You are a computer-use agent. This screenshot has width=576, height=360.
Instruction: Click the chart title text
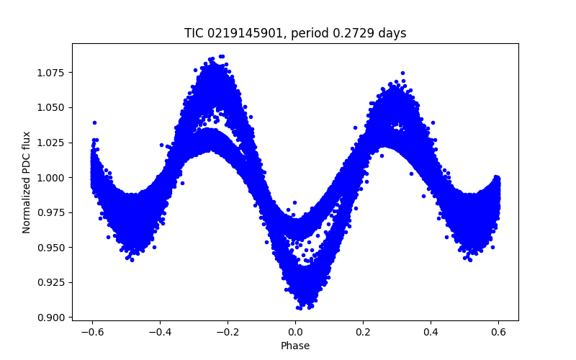pyautogui.click(x=295, y=33)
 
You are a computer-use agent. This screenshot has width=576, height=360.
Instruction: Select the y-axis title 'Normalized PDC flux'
pyautogui.click(x=27, y=182)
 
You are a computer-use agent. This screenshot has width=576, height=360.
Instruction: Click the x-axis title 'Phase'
pyautogui.click(x=295, y=346)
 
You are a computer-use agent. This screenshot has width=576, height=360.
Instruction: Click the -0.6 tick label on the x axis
pyautogui.click(x=92, y=332)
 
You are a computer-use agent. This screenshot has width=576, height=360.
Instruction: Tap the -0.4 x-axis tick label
pyautogui.click(x=160, y=332)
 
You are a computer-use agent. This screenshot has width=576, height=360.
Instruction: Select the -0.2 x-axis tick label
pyautogui.click(x=228, y=332)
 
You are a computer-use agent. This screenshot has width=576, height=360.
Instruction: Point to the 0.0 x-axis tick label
pyautogui.click(x=295, y=332)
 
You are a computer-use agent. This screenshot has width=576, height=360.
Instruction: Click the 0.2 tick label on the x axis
pyautogui.click(x=363, y=332)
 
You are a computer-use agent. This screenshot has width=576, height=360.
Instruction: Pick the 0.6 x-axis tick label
pyautogui.click(x=498, y=332)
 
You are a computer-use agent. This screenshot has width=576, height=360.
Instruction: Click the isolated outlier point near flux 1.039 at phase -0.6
pyautogui.click(x=94, y=122)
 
